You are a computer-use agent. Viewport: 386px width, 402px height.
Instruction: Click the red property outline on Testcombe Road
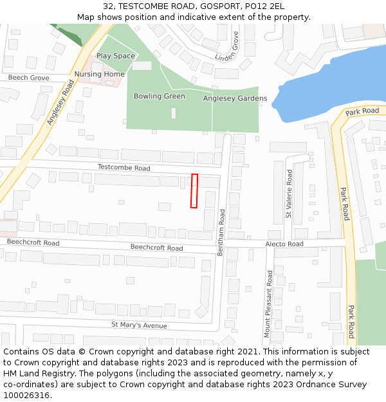pos(194,190)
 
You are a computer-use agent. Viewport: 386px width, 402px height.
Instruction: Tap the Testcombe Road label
pos(124,168)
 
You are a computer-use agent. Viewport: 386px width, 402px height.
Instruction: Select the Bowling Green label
pos(159,96)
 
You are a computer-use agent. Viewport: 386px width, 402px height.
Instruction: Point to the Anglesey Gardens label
pos(235,98)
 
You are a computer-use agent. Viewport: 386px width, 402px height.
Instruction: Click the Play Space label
pos(116,56)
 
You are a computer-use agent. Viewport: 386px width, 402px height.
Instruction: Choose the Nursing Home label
pos(99,74)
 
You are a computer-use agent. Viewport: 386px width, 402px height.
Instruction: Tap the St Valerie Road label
pos(289,194)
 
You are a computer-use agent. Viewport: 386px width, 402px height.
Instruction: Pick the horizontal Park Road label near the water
pos(362,111)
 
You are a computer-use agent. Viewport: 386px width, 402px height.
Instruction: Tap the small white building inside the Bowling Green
pos(174,113)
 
